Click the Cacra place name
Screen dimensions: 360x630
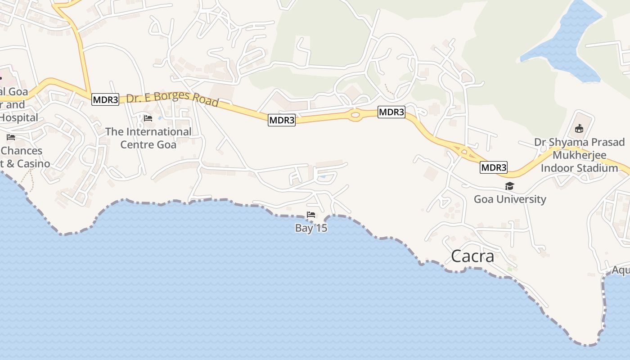[x=472, y=256]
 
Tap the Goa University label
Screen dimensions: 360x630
[x=509, y=199]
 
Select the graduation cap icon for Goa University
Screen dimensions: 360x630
[x=509, y=186]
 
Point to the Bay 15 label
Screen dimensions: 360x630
[x=311, y=228]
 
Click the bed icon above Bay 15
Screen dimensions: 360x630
[x=310, y=215]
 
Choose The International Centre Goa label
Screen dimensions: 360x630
[x=148, y=138]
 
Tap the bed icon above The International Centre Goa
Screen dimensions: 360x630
[x=148, y=118]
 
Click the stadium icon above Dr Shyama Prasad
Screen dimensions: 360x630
[x=579, y=129]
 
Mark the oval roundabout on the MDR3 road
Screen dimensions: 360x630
[x=355, y=115]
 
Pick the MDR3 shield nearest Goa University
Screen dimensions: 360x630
[x=494, y=168]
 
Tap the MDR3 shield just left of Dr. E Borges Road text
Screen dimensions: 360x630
[x=105, y=99]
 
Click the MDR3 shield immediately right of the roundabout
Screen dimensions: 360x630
[x=391, y=112]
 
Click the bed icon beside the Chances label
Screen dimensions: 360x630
[x=11, y=137]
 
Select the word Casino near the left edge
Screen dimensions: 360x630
[x=33, y=163]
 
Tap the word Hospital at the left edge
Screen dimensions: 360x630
[x=19, y=118]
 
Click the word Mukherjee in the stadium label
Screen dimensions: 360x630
[x=579, y=155]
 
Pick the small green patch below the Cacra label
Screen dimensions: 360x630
[x=510, y=269]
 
